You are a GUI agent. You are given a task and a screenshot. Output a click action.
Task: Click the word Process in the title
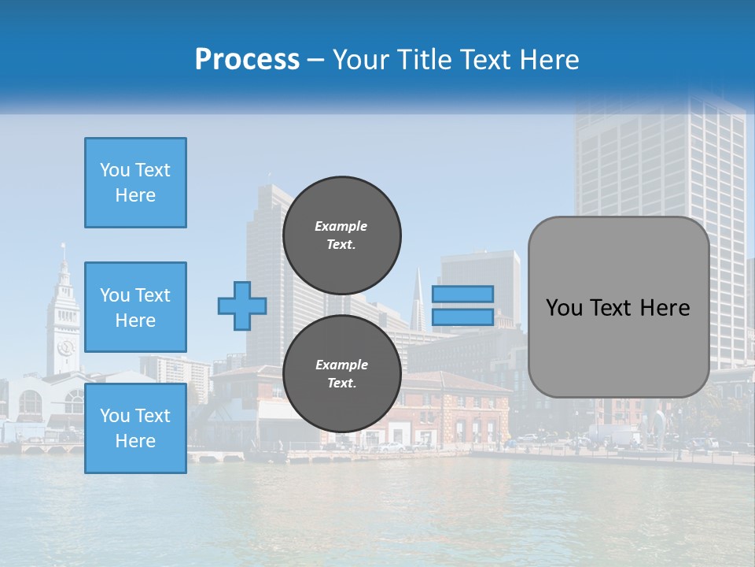pyautogui.click(x=247, y=60)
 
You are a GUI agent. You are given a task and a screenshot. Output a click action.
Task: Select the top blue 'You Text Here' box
pyautogui.click(x=135, y=183)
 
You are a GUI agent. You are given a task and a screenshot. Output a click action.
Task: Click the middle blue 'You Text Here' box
pyautogui.click(x=135, y=307)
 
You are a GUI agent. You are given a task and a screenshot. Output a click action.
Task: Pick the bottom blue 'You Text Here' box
pyautogui.click(x=135, y=428)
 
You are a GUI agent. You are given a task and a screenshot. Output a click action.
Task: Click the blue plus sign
pyautogui.click(x=242, y=306)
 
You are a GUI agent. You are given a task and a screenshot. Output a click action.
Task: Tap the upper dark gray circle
pyautogui.click(x=341, y=235)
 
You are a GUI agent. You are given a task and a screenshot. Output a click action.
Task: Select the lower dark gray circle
pyautogui.click(x=341, y=373)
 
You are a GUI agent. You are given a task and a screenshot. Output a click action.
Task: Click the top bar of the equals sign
pyautogui.click(x=462, y=294)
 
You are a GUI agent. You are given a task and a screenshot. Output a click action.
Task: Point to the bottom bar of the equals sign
pyautogui.click(x=462, y=317)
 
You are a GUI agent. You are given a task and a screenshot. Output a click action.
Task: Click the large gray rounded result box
pyautogui.click(x=618, y=307)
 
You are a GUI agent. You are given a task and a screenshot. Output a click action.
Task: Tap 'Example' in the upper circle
pyautogui.click(x=341, y=226)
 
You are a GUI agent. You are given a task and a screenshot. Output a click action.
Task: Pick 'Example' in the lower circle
pyautogui.click(x=341, y=365)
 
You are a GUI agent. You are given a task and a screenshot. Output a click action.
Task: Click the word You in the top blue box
pyautogui.click(x=113, y=170)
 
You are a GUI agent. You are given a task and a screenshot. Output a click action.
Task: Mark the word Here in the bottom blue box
pyautogui.click(x=135, y=441)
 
